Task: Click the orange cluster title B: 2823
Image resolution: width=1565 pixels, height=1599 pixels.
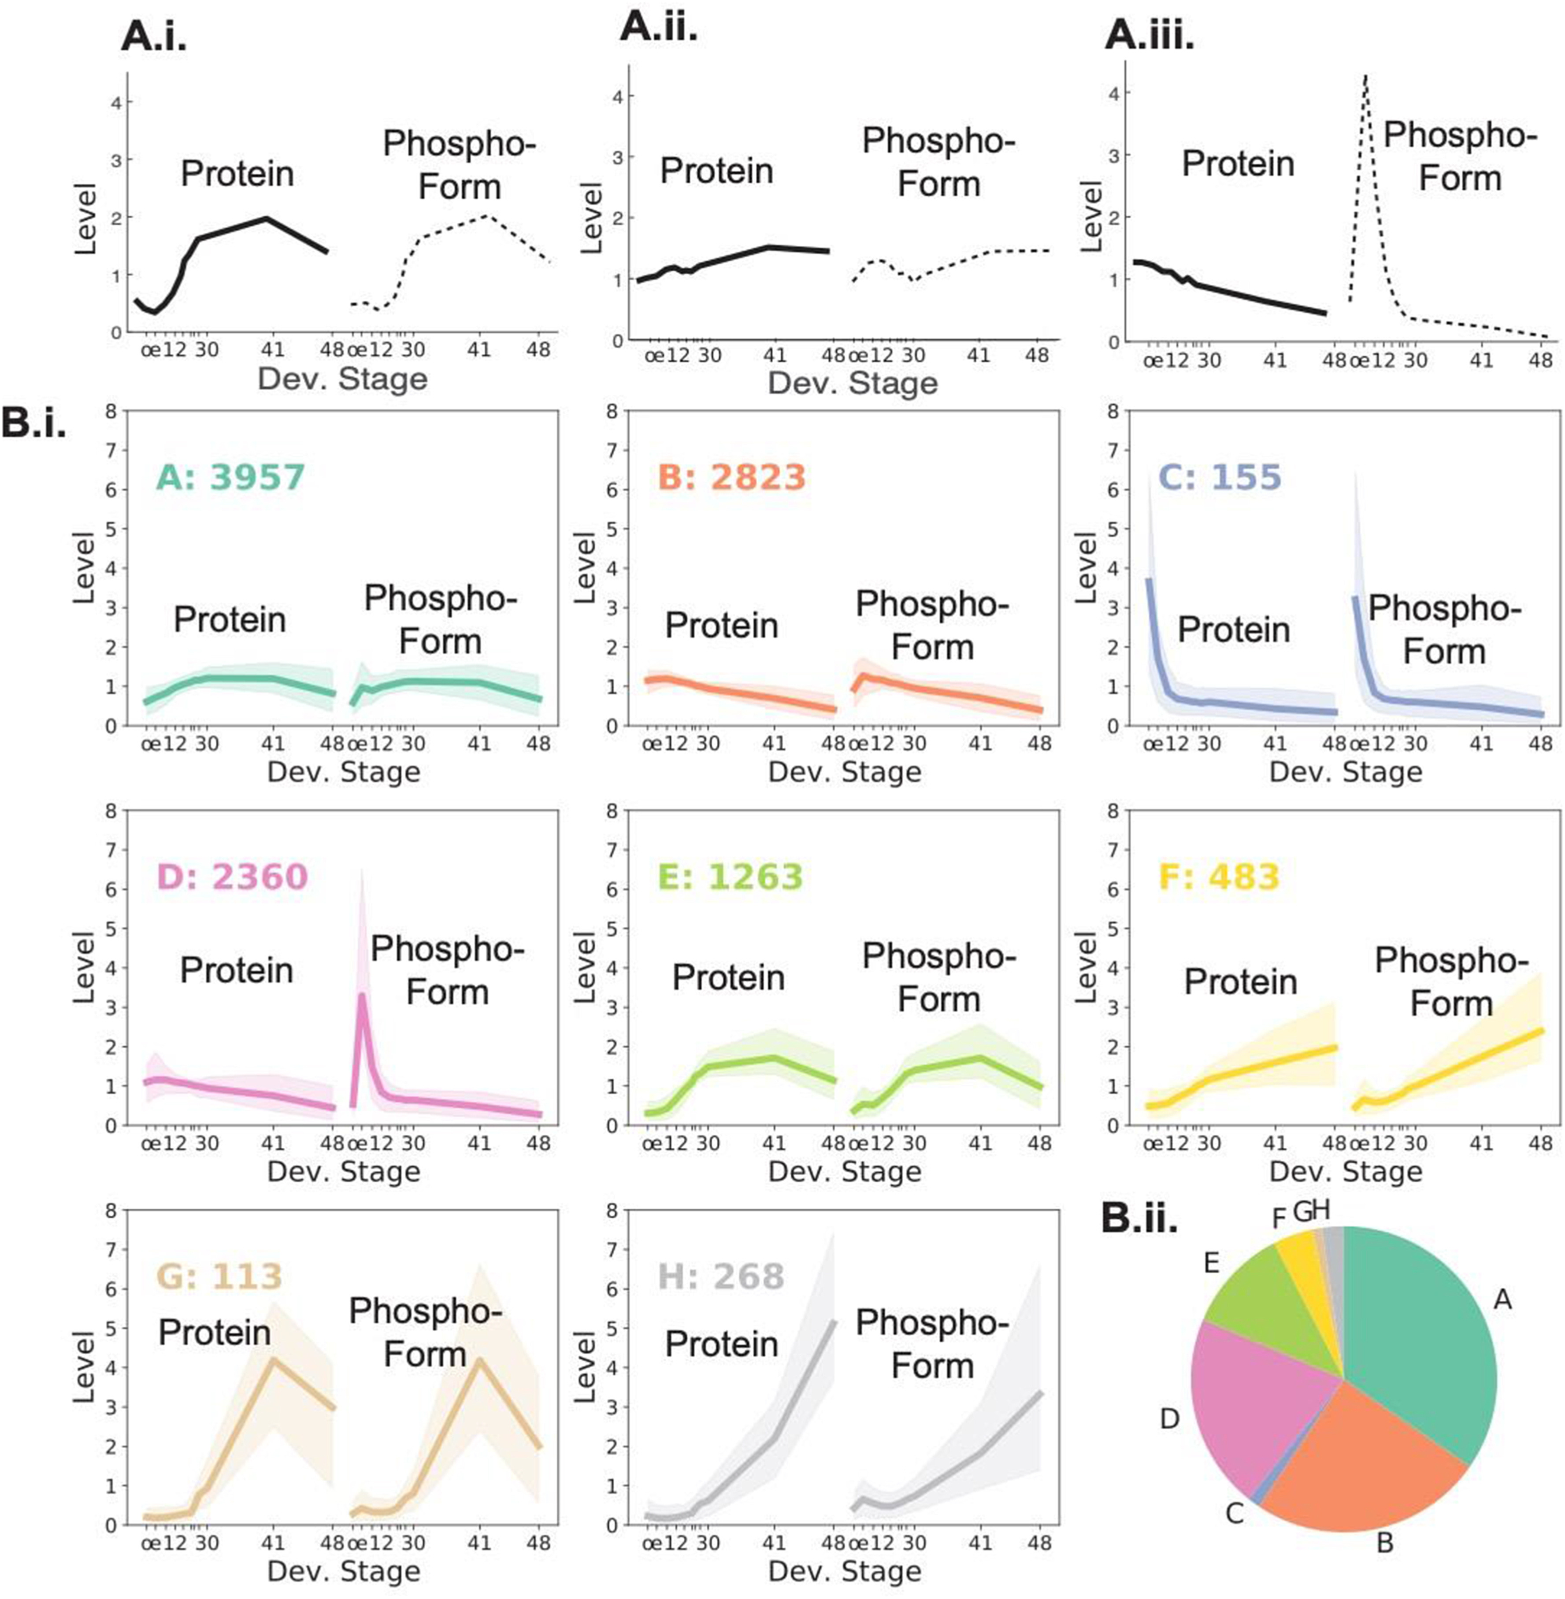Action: point(732,477)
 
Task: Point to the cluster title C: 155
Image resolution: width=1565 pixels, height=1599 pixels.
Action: point(1220,477)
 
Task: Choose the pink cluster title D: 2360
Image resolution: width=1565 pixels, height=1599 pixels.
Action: point(232,877)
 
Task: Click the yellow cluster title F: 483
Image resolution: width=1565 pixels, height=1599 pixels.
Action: point(1220,877)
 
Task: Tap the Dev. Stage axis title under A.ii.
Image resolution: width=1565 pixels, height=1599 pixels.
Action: point(853,383)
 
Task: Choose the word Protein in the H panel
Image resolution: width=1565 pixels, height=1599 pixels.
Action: point(721,1344)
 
